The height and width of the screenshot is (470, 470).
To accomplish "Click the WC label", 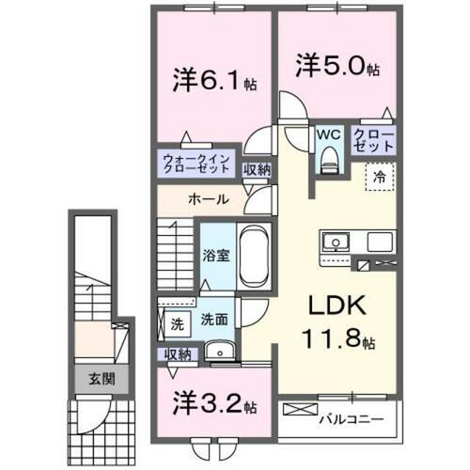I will point(328,135).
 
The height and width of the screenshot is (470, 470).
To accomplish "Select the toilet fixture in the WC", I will point(328,161).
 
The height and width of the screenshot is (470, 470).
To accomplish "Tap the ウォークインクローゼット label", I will point(193,164).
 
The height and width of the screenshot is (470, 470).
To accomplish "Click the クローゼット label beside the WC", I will point(372,142).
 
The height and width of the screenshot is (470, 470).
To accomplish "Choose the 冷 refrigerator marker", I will point(382,174).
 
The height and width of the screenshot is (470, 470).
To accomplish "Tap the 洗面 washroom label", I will point(214,321).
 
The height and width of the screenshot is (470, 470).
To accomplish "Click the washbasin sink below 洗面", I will point(221,352).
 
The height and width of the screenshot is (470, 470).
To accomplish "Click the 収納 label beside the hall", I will point(257,170).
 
